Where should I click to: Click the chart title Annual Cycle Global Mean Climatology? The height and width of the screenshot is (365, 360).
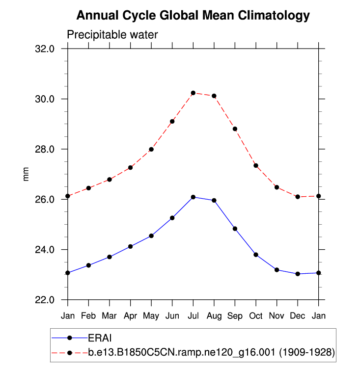[x=194, y=16]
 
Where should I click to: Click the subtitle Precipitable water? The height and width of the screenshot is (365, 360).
[x=112, y=34]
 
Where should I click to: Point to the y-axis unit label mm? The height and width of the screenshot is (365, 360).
[x=27, y=174]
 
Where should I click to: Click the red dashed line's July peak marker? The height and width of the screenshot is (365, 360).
[x=194, y=93]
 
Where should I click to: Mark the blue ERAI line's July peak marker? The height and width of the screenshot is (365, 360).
[x=194, y=197]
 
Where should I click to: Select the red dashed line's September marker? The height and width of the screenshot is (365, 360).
[x=235, y=129]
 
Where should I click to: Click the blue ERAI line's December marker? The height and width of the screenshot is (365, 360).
[x=298, y=274]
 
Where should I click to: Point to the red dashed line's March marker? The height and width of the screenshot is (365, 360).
[x=110, y=180]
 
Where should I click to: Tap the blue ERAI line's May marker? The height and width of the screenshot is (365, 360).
[x=151, y=236]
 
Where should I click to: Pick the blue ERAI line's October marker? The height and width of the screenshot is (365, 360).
[x=256, y=255]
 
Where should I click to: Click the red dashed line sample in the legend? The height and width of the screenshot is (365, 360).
[x=69, y=352]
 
